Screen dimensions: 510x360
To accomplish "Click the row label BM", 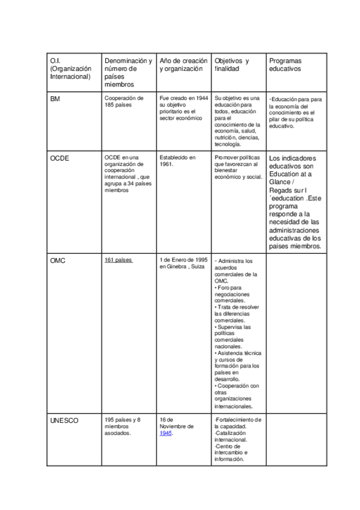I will coord(55,98).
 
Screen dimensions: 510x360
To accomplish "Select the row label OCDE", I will coord(59,158).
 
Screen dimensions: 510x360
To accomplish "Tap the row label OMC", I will coord(58,260).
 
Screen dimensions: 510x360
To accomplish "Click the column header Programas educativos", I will coord(286,65).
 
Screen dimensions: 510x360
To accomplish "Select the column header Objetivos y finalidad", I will coord(231,65).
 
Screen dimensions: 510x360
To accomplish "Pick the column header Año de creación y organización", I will coord(184,65).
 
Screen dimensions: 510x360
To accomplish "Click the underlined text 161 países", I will coord(118,260).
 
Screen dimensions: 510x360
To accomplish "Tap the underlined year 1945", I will coord(166,434).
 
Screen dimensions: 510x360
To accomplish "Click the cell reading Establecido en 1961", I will coord(178,161).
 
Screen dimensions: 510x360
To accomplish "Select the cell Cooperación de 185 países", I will coord(124,101).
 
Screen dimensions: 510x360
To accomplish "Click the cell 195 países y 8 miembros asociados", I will coord(123,426).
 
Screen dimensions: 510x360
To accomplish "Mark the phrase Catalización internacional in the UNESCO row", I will coord(231,436).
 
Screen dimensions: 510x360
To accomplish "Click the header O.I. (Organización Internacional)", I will coord(70,69).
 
